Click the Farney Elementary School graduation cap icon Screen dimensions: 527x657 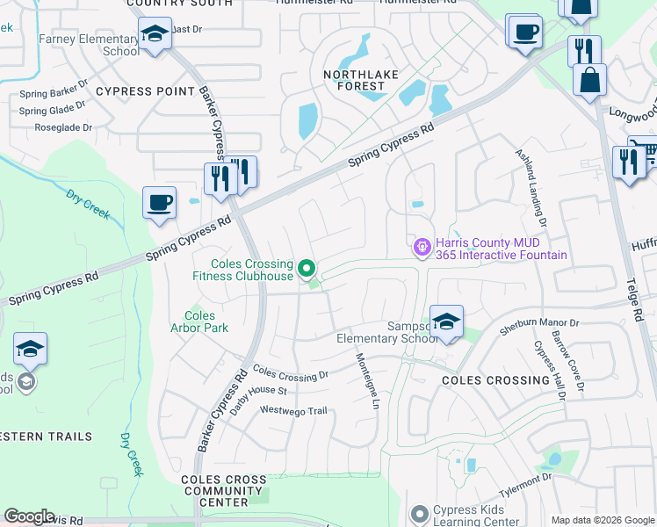155,35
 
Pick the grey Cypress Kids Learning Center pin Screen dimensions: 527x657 419,512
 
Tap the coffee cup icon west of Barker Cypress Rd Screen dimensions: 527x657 159,204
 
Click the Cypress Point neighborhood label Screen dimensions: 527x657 145,91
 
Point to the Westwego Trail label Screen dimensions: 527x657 292,410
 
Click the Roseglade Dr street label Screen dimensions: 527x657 62,127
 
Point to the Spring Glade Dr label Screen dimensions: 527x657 53,110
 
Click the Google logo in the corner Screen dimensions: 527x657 29,516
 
